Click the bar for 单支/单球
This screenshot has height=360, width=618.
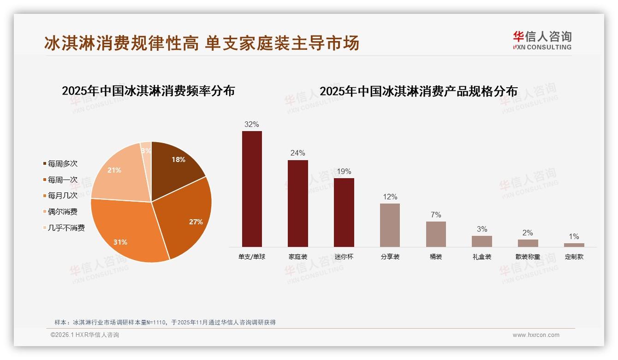coord(252,189)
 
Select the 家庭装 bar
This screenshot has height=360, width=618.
coord(298,203)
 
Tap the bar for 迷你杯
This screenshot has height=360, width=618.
coord(344,212)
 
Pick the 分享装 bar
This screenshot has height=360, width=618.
coord(390,225)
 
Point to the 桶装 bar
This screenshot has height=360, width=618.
coord(436,234)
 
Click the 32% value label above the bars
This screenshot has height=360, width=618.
coord(252,124)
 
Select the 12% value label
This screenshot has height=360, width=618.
coord(390,197)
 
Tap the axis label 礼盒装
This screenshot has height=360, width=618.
coord(482,257)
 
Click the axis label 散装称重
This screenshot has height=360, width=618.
coord(528,257)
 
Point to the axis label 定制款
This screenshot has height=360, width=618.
coord(574,257)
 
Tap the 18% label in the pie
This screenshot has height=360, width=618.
coord(178,160)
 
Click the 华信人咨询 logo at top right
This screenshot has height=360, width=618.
coord(542,40)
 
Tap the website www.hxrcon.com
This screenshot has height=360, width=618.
coord(536,335)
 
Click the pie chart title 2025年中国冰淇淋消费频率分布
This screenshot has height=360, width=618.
coord(148,91)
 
